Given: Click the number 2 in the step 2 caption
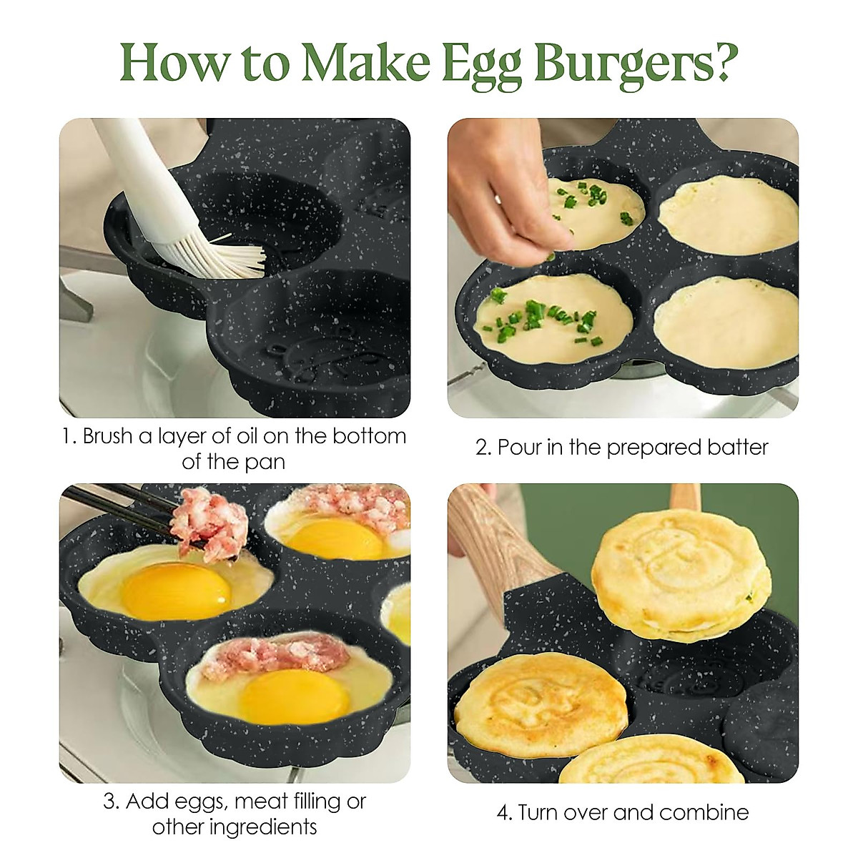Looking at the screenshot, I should click(481, 448).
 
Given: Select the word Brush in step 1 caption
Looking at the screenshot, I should click(107, 436).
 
